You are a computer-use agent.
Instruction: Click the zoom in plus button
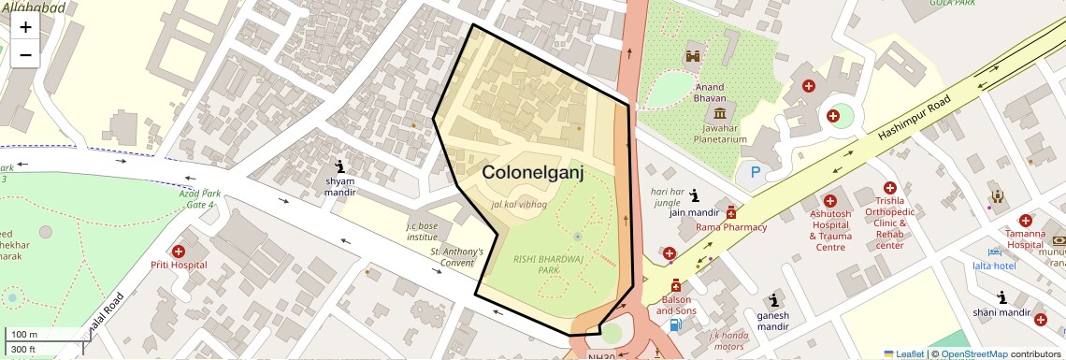(25, 27)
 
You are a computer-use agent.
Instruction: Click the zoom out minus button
(25, 55)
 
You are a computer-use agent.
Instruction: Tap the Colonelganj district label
(532, 172)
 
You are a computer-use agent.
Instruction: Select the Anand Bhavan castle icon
(693, 57)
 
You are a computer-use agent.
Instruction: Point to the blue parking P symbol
(749, 173)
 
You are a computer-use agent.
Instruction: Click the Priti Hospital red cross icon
(178, 251)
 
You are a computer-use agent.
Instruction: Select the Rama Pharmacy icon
(730, 212)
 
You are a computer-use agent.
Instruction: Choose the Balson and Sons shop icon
(675, 285)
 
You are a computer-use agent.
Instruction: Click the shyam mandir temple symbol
(339, 166)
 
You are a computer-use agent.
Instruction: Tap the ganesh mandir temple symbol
(773, 300)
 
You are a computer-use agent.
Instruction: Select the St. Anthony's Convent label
(457, 257)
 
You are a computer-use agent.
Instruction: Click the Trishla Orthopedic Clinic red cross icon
(889, 188)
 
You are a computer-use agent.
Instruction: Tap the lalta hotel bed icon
(994, 252)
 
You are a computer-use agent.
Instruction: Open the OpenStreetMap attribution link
(974, 353)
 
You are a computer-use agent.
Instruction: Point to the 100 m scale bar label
(25, 335)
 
